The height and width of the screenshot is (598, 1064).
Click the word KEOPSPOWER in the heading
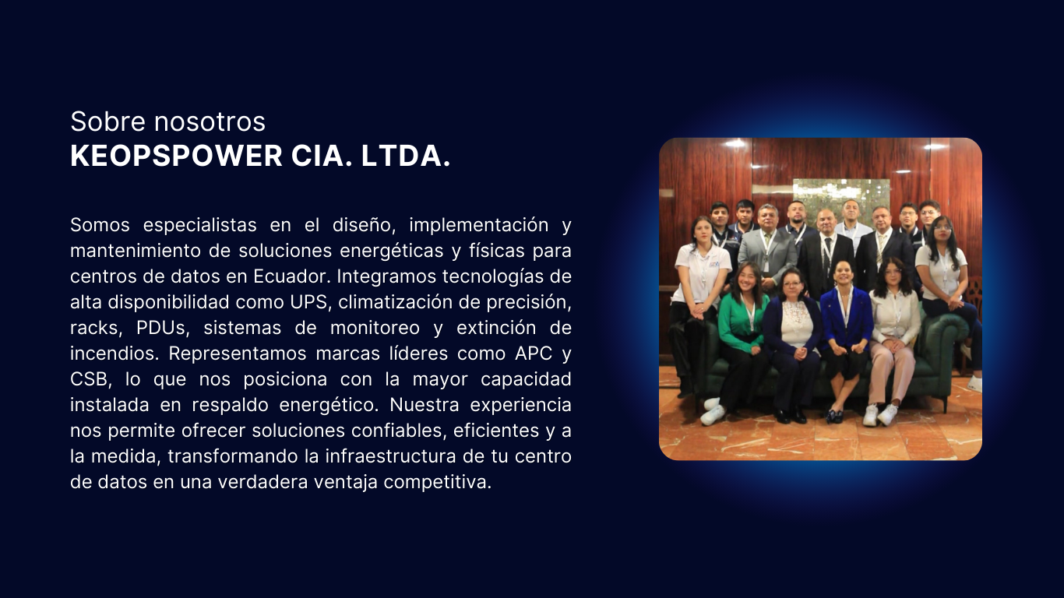point(176,156)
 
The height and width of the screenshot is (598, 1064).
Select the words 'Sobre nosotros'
point(167,121)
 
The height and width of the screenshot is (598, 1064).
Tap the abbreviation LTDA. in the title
point(405,156)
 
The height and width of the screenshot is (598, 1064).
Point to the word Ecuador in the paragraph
point(291,276)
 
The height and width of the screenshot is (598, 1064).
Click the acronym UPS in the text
point(308,302)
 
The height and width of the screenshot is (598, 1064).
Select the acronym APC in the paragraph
point(534,354)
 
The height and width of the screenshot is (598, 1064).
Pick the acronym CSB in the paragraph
point(90,379)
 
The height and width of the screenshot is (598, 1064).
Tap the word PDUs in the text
point(163,328)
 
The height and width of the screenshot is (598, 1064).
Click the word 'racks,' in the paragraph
point(96,328)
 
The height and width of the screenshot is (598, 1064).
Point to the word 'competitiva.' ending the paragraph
point(437,482)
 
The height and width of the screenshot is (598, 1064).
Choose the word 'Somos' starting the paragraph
point(100,225)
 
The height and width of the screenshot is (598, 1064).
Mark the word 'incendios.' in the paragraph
point(115,354)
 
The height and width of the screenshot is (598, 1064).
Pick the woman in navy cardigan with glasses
point(792,342)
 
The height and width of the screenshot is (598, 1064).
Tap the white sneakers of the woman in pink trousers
point(880,415)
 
